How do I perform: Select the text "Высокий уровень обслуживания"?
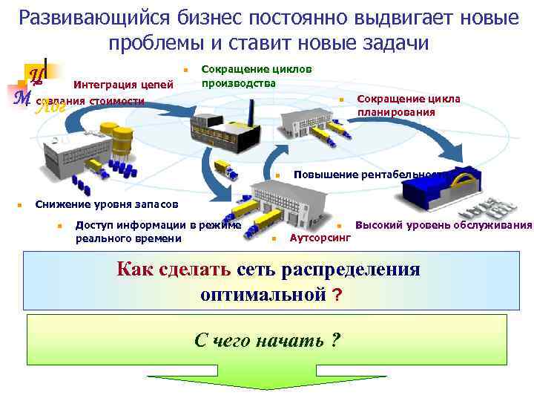click(444, 224)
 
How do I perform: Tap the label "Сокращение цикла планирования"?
click(408, 105)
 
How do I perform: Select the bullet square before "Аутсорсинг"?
click(274, 238)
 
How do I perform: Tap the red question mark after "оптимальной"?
click(337, 295)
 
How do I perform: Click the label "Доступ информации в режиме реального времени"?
click(159, 231)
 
